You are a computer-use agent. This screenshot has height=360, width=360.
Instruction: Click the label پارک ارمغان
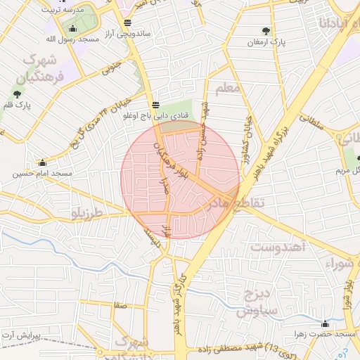[x=266, y=43]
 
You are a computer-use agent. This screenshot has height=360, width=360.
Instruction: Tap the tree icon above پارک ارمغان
[x=266, y=31]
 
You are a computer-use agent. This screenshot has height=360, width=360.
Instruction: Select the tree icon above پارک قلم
[x=17, y=94]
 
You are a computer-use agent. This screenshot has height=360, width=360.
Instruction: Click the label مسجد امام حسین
[x=43, y=173]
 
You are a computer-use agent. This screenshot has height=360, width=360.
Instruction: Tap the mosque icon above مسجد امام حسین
[x=43, y=162]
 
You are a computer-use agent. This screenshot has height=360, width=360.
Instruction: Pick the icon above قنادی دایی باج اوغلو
[x=155, y=104]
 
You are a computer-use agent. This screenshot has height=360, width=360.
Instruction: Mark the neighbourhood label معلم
[x=229, y=89]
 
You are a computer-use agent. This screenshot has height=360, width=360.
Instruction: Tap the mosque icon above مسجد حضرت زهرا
[x=325, y=324]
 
